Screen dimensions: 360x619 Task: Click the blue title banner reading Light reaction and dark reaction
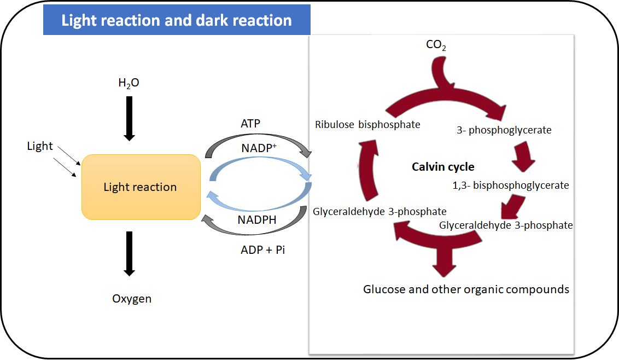click(177, 20)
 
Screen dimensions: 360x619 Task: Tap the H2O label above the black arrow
click(129, 83)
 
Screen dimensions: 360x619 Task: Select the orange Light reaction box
click(141, 187)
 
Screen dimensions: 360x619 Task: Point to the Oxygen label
click(132, 299)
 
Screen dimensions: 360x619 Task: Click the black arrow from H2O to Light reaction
click(129, 118)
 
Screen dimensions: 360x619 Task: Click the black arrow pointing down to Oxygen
click(129, 253)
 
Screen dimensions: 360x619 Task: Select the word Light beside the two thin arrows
click(40, 146)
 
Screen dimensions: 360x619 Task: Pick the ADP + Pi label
click(262, 250)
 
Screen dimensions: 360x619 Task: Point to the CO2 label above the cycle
click(436, 45)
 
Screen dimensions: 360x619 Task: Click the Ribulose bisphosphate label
click(367, 125)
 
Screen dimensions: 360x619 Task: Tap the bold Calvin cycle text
click(443, 167)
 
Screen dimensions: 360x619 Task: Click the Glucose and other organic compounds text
click(466, 289)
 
